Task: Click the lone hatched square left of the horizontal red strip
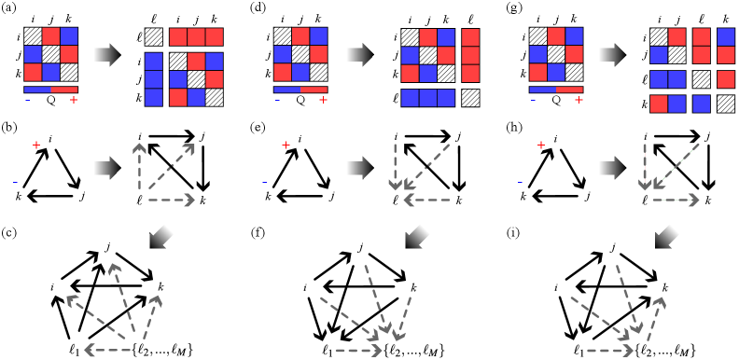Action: [154, 37]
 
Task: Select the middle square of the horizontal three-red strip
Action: [196, 37]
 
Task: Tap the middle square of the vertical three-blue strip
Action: [154, 79]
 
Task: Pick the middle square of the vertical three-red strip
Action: [470, 55]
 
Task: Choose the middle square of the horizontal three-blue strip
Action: [428, 97]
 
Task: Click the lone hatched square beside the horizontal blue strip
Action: [470, 97]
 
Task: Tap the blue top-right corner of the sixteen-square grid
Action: [726, 37]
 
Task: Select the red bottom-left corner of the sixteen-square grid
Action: [659, 104]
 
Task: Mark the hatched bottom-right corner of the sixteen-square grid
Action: [726, 104]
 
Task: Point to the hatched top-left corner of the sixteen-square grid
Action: [659, 37]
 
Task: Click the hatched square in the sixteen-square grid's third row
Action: [702, 80]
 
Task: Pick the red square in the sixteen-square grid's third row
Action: [726, 80]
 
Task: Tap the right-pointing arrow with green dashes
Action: [676, 200]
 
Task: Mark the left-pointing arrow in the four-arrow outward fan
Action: [107, 351]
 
